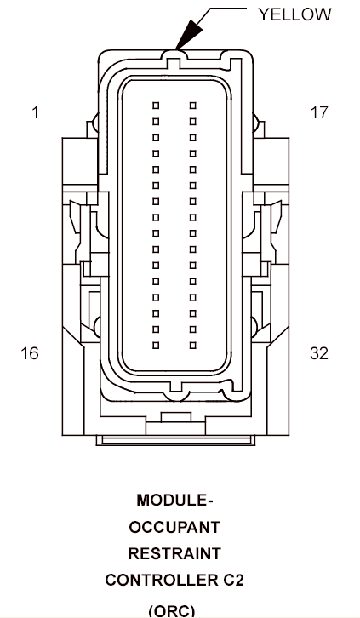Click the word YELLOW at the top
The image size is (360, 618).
click(294, 14)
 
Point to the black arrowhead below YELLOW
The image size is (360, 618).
click(189, 35)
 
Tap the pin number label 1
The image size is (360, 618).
click(36, 112)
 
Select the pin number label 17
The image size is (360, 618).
click(318, 112)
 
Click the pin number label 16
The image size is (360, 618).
click(30, 353)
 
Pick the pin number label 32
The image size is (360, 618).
click(319, 353)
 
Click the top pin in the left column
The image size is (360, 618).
click(156, 106)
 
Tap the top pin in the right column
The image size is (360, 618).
click(193, 106)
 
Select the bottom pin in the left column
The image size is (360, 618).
click(156, 346)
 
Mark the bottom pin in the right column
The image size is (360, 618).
click(193, 346)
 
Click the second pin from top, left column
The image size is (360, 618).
click(156, 122)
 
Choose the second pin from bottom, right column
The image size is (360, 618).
click(193, 329)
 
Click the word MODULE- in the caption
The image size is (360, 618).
click(174, 501)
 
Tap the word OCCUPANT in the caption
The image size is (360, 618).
click(174, 527)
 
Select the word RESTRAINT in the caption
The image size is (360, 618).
click(174, 554)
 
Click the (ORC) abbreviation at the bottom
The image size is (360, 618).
click(172, 611)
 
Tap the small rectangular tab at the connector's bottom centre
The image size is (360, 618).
click(176, 417)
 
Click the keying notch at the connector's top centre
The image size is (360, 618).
click(175, 63)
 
